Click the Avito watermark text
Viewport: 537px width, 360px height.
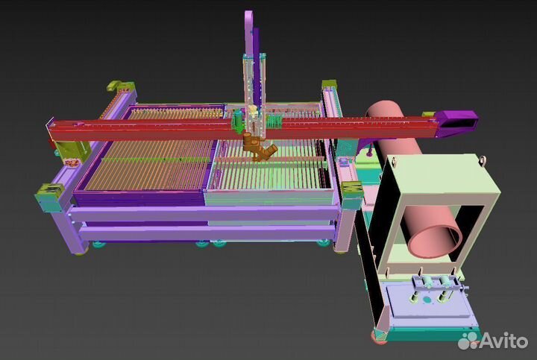(504, 341)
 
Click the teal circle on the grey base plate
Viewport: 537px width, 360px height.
(427, 300)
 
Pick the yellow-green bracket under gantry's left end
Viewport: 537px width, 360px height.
(72, 151)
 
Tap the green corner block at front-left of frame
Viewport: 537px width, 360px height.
(51, 198)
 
